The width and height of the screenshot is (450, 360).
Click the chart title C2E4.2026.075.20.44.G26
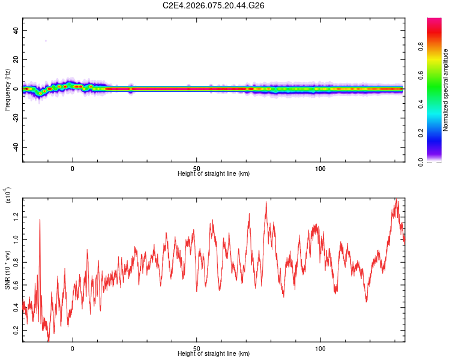(214, 5)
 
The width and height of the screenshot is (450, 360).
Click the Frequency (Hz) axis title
(7, 89)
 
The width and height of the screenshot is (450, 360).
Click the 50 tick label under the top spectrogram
(196, 168)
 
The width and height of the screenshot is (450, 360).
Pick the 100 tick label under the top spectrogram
(320, 168)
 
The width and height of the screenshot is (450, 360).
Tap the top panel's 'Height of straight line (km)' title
(214, 173)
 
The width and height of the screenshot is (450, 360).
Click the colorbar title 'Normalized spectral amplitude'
(446, 90)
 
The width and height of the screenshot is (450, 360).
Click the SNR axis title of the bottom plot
(8, 270)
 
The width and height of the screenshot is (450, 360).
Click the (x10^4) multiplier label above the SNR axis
(8, 196)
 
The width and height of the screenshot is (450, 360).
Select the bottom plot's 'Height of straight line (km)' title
(214, 353)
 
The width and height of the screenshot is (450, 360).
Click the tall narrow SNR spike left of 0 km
(40, 220)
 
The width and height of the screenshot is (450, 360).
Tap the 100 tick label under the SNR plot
(320, 348)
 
